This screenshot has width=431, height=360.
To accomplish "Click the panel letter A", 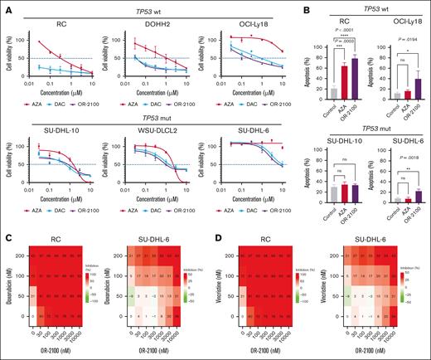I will (6, 7).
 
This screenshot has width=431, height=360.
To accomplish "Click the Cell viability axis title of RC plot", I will (10, 56).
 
